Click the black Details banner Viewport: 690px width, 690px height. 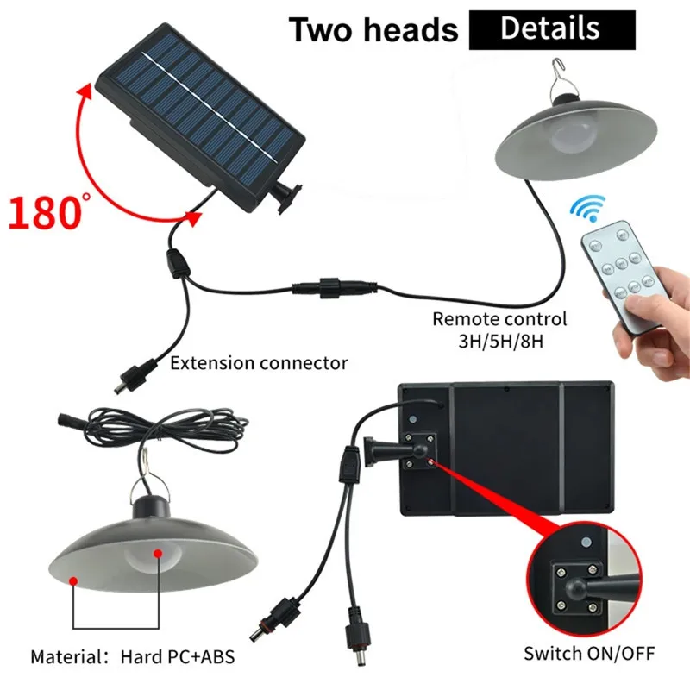[551, 28]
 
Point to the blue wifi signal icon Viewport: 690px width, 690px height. [590, 208]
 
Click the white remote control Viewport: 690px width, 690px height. [619, 274]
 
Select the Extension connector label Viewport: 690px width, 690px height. [259, 362]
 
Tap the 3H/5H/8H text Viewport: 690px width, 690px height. [499, 341]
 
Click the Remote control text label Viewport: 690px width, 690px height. [499, 319]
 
